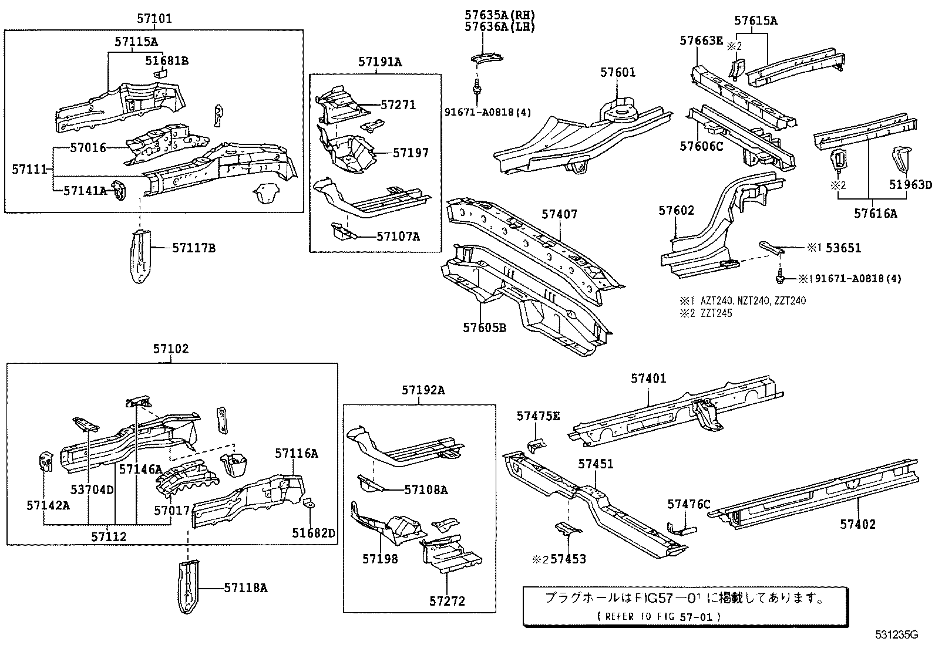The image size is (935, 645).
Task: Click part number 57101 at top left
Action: [x=154, y=19]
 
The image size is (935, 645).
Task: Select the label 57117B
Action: [x=194, y=248]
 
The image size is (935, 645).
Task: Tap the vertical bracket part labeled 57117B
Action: [x=140, y=256]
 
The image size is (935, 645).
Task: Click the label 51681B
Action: [x=167, y=60]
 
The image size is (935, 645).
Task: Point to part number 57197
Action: [x=411, y=153]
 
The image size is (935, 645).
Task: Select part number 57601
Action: [x=618, y=73]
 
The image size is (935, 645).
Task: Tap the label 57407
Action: [x=559, y=214]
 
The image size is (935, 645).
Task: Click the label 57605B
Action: [x=484, y=327]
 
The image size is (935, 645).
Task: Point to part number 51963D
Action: [x=910, y=185]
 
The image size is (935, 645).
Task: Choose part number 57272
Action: [x=447, y=601]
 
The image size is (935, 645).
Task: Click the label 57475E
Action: [x=538, y=416]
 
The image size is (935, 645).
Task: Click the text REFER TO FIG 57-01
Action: [x=658, y=616]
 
